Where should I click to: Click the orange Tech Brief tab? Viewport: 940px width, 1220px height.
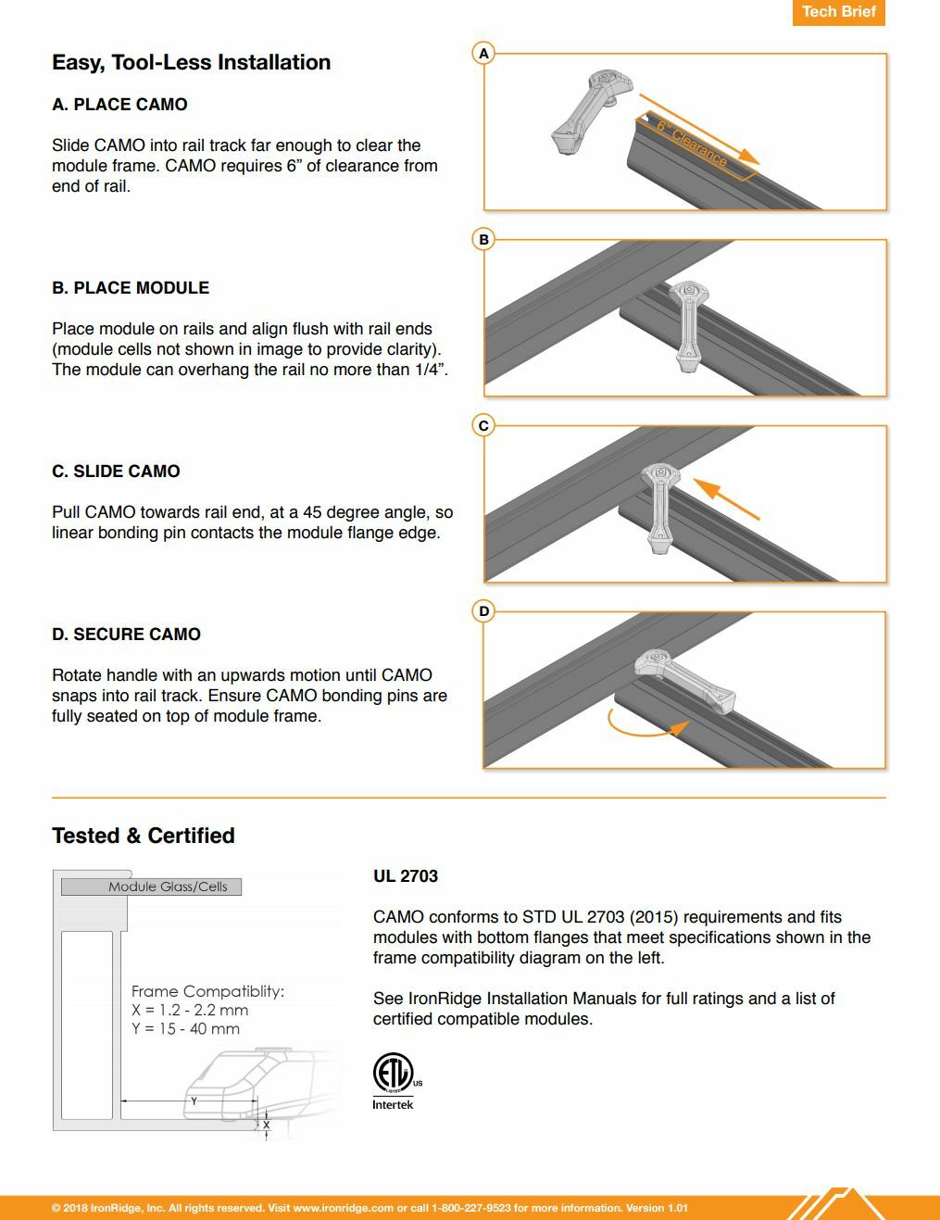click(x=838, y=12)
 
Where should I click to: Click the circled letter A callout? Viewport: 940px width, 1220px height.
click(x=483, y=54)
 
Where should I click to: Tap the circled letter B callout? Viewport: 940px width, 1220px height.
click(x=483, y=240)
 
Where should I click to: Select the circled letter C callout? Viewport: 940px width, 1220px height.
click(x=483, y=425)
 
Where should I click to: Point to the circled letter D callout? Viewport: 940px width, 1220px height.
click(x=483, y=610)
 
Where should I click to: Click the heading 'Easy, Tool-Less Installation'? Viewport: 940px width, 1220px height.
click(x=192, y=62)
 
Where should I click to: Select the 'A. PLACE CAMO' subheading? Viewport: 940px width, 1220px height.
click(x=119, y=105)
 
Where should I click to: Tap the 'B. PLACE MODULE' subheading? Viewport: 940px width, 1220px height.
click(x=131, y=287)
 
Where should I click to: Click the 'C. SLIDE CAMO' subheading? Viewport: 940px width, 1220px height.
click(x=116, y=471)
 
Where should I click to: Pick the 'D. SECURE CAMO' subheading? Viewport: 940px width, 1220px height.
click(x=126, y=634)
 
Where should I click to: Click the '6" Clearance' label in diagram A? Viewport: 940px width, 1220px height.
click(x=692, y=144)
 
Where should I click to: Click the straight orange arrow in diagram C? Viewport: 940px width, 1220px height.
click(x=726, y=498)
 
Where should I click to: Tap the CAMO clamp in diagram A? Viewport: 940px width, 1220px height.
click(x=592, y=111)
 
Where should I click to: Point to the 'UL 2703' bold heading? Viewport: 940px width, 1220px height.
click(x=406, y=875)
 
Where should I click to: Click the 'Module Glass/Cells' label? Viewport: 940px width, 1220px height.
click(x=168, y=887)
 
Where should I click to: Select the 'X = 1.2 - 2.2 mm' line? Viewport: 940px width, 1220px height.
click(x=190, y=1010)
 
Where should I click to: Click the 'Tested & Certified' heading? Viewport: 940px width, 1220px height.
click(x=144, y=836)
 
